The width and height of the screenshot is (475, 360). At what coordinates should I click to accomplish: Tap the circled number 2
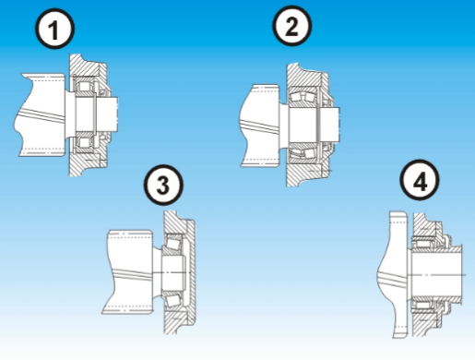point(291,29)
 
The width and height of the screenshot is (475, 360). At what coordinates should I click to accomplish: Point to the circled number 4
point(421,182)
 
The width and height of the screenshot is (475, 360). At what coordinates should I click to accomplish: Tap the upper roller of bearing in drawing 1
point(90,89)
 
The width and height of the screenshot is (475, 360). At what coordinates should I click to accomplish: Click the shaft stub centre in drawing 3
point(171,270)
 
